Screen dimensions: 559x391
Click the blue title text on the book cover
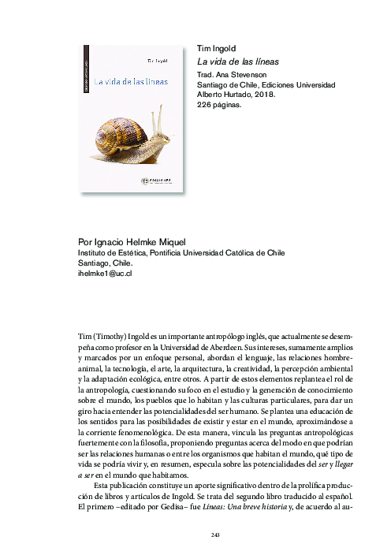131,81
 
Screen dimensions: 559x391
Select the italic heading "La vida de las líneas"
237,61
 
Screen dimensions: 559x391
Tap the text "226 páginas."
220,103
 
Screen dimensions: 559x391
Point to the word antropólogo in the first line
218,357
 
